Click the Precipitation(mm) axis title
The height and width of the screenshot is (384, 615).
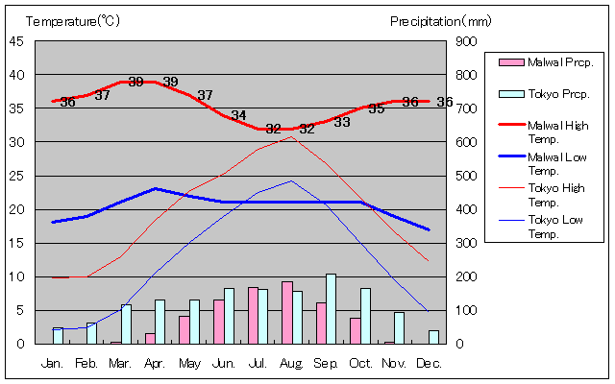441,20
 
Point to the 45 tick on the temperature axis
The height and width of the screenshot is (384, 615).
17,41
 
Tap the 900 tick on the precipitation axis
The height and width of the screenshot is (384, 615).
466,41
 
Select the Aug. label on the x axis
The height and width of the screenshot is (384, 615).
292,364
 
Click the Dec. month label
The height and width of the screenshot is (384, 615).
429,364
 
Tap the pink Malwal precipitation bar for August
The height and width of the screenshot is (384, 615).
286,312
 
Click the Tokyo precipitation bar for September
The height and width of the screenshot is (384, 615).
332,308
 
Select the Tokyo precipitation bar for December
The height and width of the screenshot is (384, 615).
433,337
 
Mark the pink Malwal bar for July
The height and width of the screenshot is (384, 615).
253,315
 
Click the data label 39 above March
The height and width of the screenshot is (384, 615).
135,83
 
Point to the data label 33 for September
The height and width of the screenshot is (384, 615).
342,123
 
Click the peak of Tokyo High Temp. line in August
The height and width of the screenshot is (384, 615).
292,136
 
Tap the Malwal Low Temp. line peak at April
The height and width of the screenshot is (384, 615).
156,188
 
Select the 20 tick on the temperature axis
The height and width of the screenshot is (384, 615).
17,209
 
